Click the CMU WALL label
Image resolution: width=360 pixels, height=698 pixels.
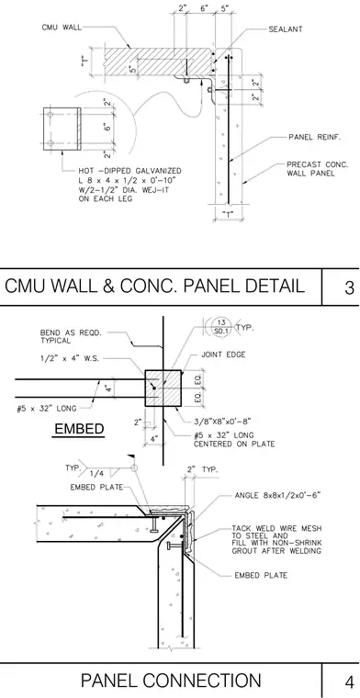[62, 28]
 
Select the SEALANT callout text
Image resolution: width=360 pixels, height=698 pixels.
[286, 29]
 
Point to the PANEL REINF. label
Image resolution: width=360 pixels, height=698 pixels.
[315, 137]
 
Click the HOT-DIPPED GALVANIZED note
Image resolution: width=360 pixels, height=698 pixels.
[129, 185]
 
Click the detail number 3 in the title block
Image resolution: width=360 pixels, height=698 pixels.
[349, 288]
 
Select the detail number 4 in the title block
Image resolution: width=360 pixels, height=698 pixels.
[349, 682]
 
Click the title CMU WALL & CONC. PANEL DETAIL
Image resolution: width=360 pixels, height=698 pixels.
[154, 287]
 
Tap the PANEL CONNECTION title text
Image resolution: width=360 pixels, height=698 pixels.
[171, 681]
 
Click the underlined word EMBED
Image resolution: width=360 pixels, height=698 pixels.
[79, 429]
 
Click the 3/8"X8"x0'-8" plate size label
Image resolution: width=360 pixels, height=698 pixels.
[222, 421]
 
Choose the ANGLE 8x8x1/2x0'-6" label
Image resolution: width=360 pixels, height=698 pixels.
[277, 495]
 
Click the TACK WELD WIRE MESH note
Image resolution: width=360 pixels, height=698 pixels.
[276, 539]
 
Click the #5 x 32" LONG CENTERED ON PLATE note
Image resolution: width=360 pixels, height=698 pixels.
[234, 439]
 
